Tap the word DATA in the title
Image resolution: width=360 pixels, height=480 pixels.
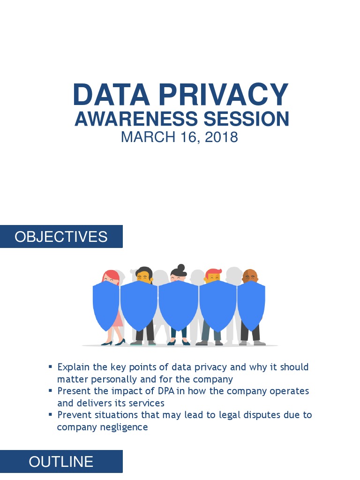click(x=111, y=95)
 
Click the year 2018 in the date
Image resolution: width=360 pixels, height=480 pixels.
click(x=221, y=137)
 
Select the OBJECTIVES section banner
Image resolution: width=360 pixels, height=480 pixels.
click(x=61, y=237)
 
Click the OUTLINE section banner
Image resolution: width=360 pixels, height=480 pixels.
click(x=61, y=462)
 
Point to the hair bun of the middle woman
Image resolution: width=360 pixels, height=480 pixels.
click(x=181, y=268)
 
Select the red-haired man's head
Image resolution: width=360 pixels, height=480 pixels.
click(x=213, y=277)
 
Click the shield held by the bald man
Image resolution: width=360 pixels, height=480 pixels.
click(x=251, y=305)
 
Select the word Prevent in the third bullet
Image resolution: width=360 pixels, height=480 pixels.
click(x=73, y=415)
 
